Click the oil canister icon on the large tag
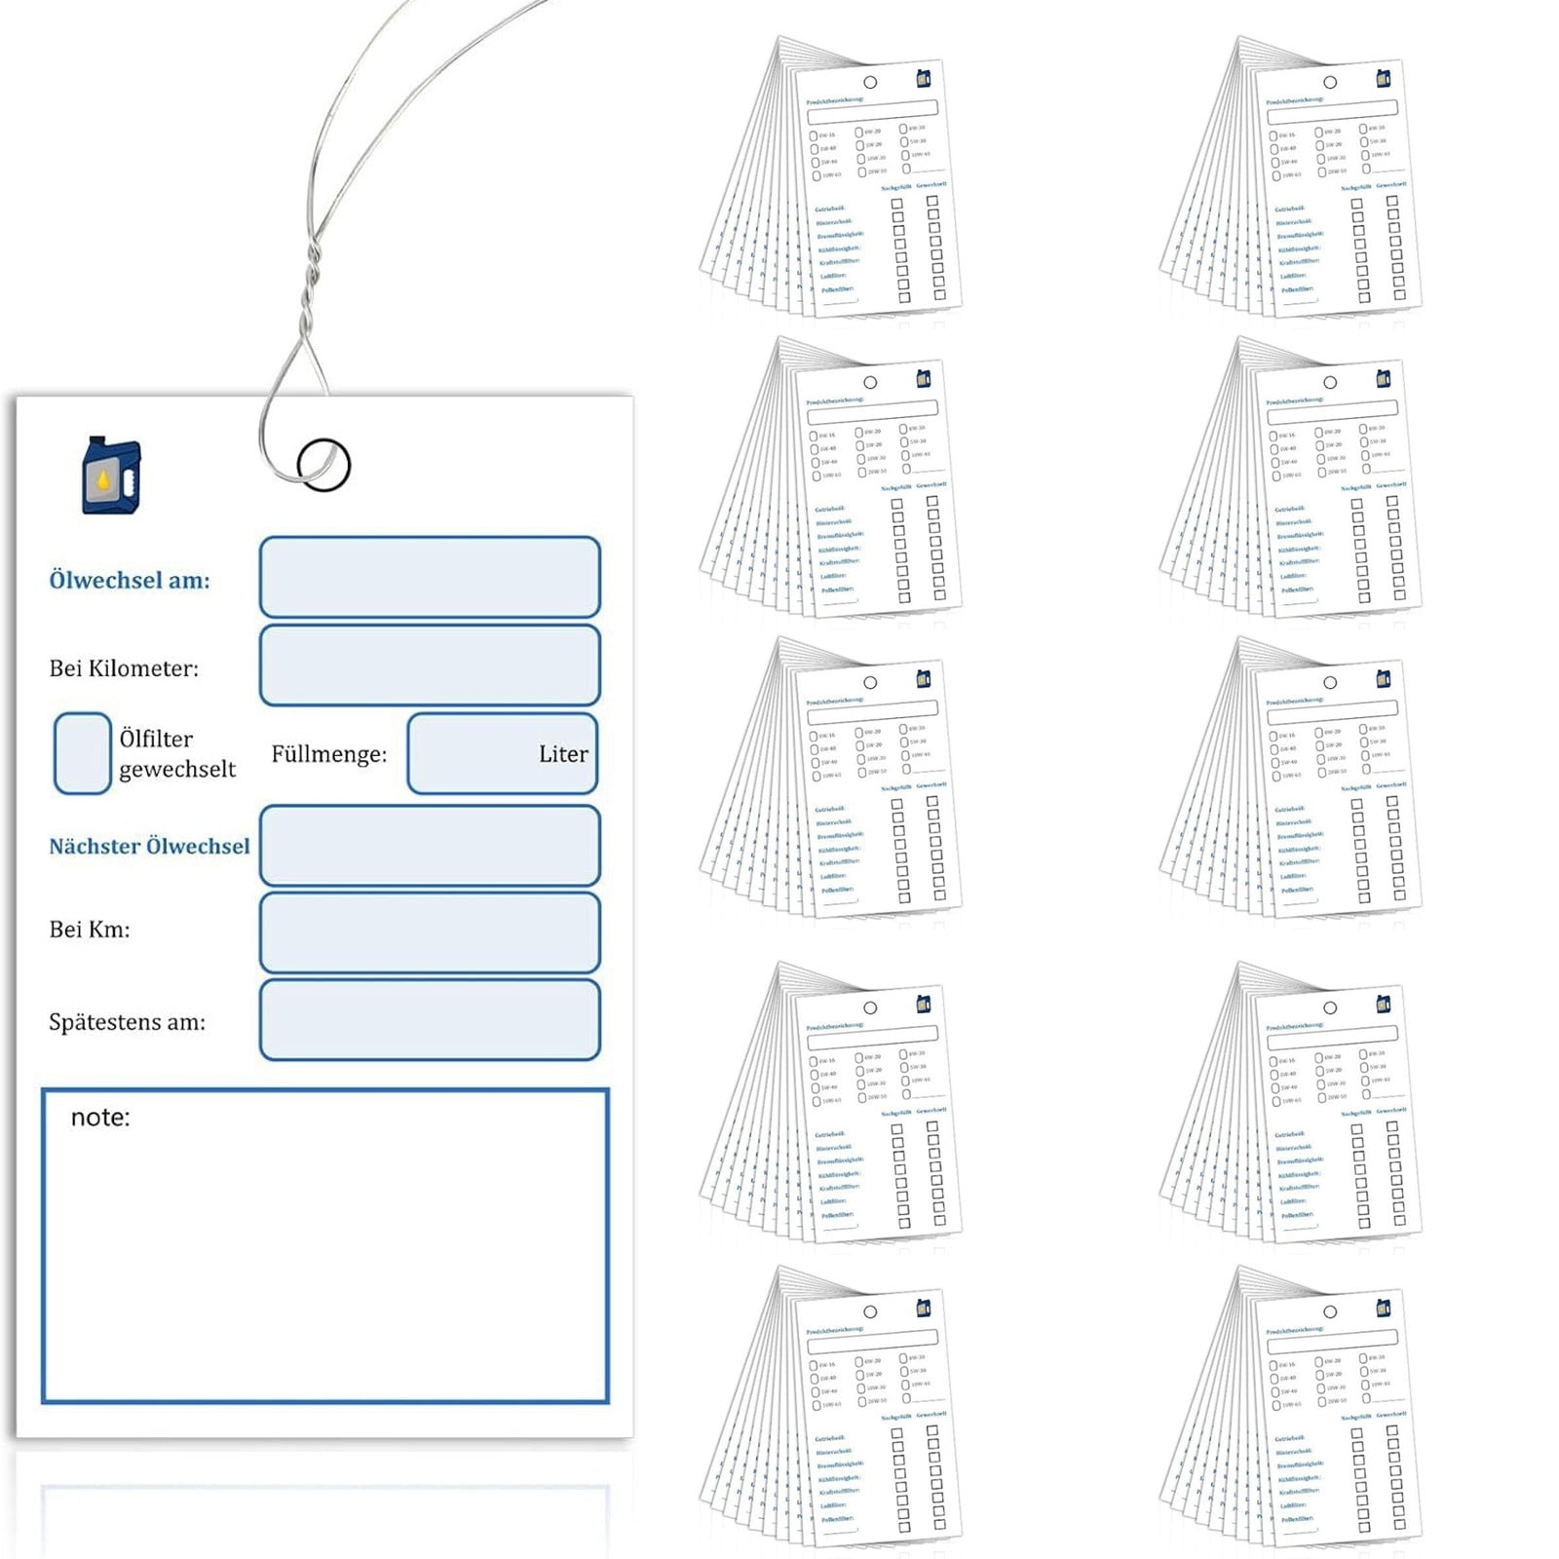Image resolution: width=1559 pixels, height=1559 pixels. point(111,475)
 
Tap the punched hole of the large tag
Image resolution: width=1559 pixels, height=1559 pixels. point(323,465)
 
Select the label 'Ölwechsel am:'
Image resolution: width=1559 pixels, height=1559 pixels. point(130,581)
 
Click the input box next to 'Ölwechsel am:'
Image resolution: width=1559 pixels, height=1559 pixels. point(430,577)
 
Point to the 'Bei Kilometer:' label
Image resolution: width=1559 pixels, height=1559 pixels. point(124,668)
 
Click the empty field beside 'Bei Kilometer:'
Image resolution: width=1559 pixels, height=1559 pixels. point(430,665)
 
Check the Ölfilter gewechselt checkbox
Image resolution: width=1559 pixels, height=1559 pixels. point(82,753)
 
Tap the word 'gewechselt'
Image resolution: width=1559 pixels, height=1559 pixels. point(177,769)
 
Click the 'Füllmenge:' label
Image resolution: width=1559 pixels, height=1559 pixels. point(328,754)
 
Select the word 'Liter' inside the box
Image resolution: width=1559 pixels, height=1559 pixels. point(563,754)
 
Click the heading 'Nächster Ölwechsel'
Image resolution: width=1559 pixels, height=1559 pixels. point(149,846)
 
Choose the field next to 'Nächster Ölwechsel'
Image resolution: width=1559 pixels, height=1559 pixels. point(430,846)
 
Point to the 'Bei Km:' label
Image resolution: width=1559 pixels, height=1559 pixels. point(90,930)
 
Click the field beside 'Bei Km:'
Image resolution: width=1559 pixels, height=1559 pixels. point(430,933)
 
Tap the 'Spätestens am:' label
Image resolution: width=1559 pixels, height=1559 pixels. point(127,1022)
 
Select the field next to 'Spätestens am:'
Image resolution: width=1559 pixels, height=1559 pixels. point(430,1020)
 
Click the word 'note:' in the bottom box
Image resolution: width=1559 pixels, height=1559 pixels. point(100,1118)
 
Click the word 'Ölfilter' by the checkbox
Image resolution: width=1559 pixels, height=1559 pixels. point(156,739)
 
